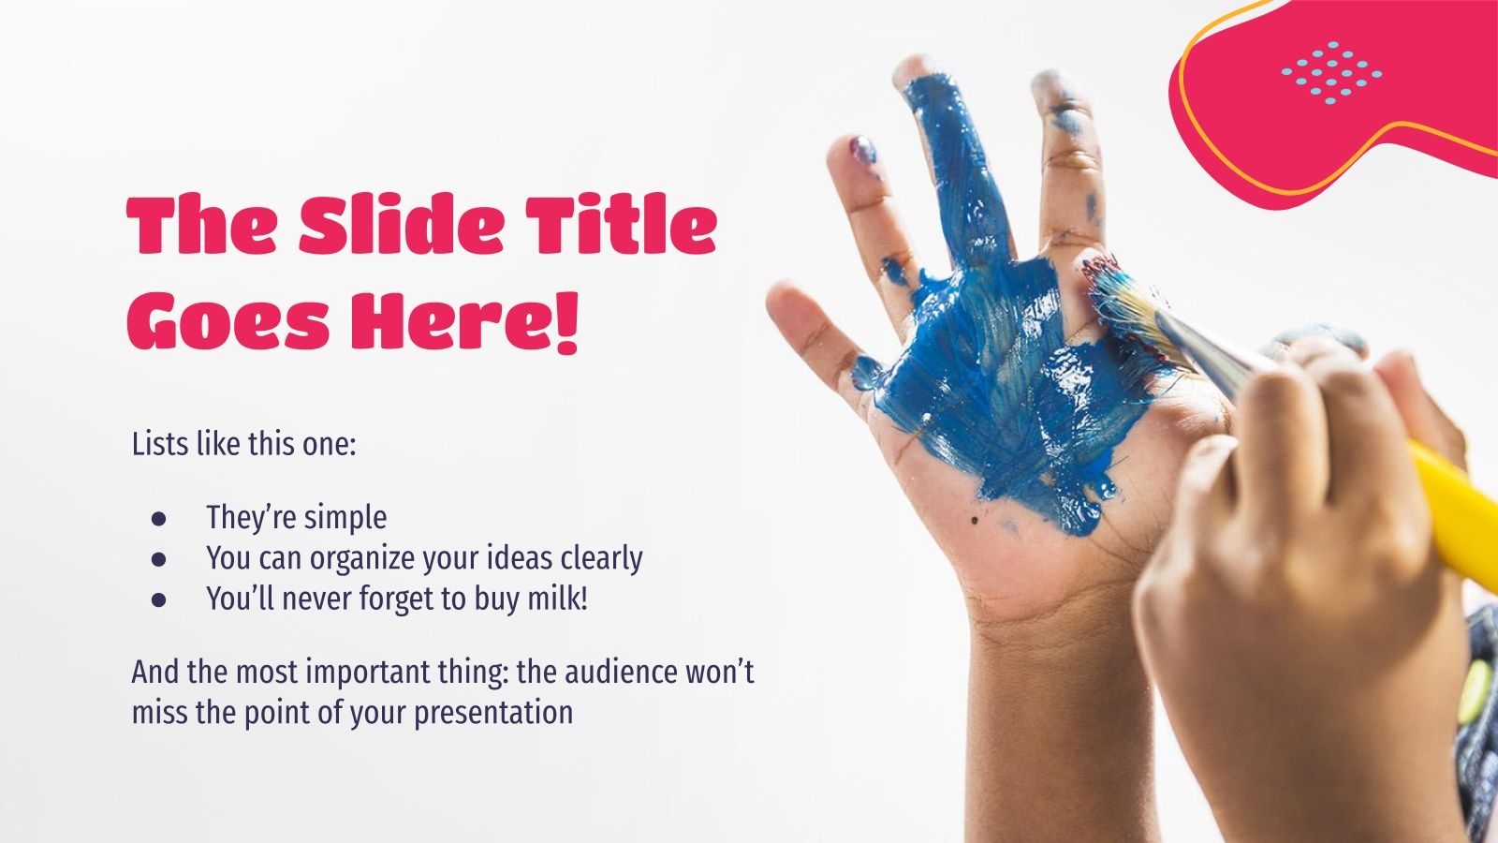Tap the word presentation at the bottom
click(493, 713)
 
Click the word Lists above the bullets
click(159, 443)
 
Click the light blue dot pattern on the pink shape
click(1331, 70)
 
